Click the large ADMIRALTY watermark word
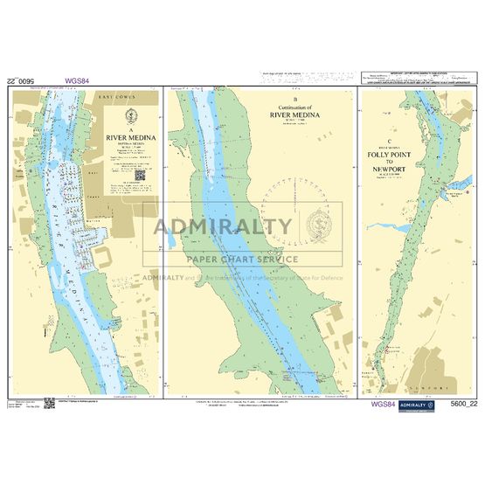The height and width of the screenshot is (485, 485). pos(223,227)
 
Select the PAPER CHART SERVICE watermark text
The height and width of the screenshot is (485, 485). pos(241,259)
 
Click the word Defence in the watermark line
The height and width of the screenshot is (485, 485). pos(329,278)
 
